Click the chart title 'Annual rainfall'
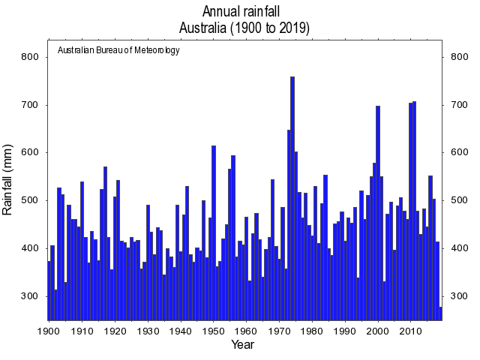pyautogui.click(x=244, y=11)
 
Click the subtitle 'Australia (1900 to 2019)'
pyautogui.click(x=244, y=28)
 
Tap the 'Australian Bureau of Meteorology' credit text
pyautogui.click(x=118, y=50)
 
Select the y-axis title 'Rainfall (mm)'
pyautogui.click(x=9, y=180)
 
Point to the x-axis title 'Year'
pyautogui.click(x=242, y=345)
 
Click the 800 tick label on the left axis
pyautogui.click(x=30, y=57)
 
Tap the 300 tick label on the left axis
pyautogui.click(x=30, y=296)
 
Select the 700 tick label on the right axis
pyautogui.click(x=459, y=105)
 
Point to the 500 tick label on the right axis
pyautogui.click(x=459, y=200)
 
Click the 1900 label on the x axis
pyautogui.click(x=49, y=330)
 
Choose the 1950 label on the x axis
pyautogui.click(x=214, y=330)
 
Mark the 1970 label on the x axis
pyautogui.click(x=280, y=330)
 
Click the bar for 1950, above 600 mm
pyautogui.click(x=214, y=232)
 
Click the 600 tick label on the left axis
pyautogui.click(x=30, y=152)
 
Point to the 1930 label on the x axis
pyautogui.click(x=148, y=330)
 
